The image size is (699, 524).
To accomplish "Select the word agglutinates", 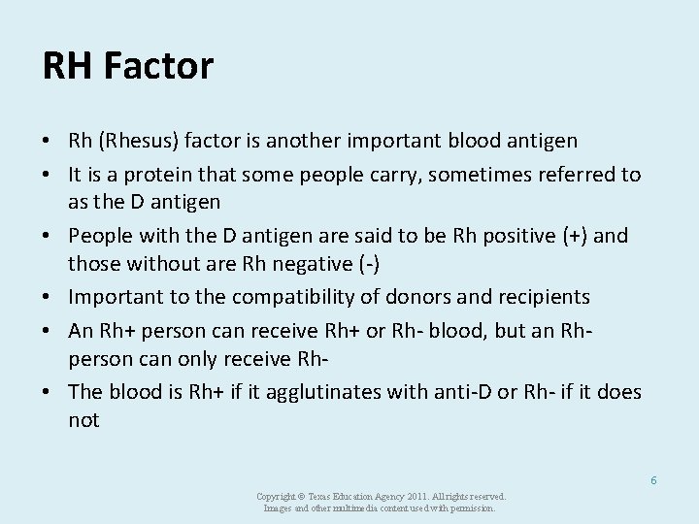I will (x=314, y=391).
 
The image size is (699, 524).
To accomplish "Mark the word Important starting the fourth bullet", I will (x=114, y=296).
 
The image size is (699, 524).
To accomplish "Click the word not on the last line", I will (x=83, y=421).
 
